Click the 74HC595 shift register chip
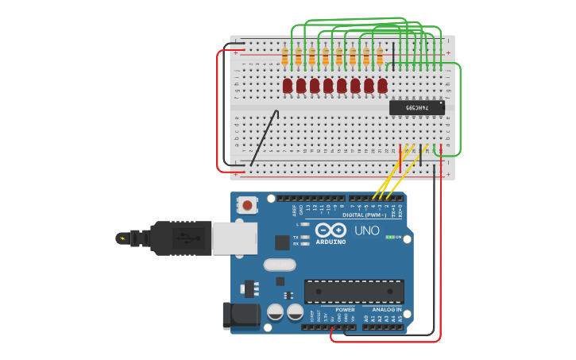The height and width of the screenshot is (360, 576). pyautogui.click(x=416, y=107)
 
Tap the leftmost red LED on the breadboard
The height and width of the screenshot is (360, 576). pyautogui.click(x=288, y=85)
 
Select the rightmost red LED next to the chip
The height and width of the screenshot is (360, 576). pyautogui.click(x=382, y=85)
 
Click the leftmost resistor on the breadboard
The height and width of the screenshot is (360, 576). pyautogui.click(x=284, y=56)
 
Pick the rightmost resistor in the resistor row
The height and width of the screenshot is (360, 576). pyautogui.click(x=380, y=56)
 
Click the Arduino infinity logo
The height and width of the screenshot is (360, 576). pyautogui.click(x=331, y=230)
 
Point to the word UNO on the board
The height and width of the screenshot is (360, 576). pyautogui.click(x=366, y=230)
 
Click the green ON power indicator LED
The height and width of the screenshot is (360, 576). pyautogui.click(x=389, y=237)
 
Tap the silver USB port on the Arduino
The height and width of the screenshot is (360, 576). pyautogui.click(x=234, y=238)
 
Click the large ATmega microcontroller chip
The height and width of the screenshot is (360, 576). pyautogui.click(x=354, y=292)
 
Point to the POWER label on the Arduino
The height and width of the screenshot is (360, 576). pyautogui.click(x=345, y=310)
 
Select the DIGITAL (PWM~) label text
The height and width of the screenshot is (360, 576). pyautogui.click(x=364, y=215)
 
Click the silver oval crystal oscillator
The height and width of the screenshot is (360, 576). pyautogui.click(x=279, y=265)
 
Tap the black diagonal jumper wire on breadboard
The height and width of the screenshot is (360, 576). pyautogui.click(x=264, y=139)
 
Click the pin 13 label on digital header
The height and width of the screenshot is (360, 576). pyautogui.click(x=308, y=209)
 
